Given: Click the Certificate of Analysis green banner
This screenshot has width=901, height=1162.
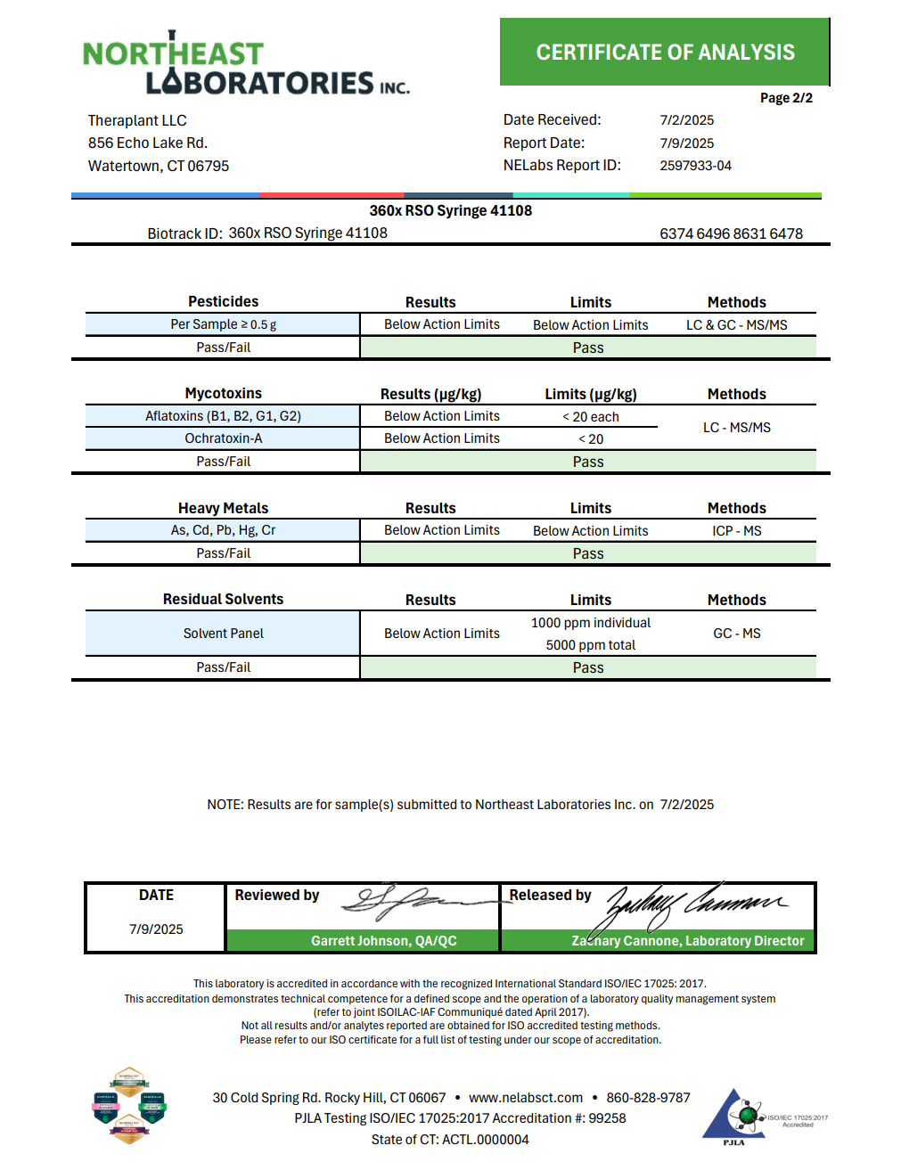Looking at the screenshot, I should (x=665, y=53).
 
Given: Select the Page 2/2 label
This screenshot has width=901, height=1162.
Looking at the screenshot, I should (x=786, y=98).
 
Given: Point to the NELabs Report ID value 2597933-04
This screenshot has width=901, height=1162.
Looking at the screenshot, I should (x=695, y=166).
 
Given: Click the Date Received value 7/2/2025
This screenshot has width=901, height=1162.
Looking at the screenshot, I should (x=686, y=120).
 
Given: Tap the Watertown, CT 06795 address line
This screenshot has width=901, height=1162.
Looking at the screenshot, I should (x=159, y=166).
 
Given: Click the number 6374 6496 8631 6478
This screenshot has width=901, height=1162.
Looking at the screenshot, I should (x=731, y=233).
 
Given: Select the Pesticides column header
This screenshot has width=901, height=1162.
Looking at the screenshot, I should (x=223, y=301).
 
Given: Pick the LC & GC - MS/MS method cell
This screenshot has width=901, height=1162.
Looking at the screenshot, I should (x=736, y=325).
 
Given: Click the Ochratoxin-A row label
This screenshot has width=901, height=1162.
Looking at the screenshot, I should (x=223, y=438).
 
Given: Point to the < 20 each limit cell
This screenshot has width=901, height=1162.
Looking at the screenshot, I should (x=590, y=417).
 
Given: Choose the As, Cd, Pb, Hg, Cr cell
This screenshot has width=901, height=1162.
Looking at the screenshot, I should (x=223, y=530).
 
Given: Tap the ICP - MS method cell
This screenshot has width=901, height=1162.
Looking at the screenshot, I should (x=736, y=531).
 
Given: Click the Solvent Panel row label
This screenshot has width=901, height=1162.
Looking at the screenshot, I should (x=223, y=634).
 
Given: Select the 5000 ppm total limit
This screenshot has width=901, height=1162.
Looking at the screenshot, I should (x=590, y=645).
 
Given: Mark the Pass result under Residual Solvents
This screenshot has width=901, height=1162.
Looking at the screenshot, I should (x=588, y=667).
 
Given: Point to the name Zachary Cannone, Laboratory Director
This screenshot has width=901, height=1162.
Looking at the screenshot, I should (x=687, y=941).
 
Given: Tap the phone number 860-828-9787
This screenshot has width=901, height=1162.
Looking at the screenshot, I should (x=648, y=1098).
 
